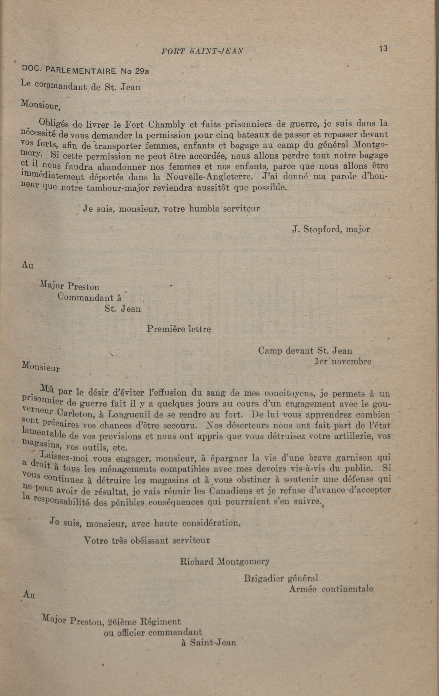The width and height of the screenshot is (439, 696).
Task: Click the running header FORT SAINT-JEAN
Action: [202, 51]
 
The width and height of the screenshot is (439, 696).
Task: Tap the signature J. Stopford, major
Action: [331, 229]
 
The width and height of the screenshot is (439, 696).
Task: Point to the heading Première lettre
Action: [179, 329]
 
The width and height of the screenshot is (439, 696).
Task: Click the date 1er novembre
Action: [343, 362]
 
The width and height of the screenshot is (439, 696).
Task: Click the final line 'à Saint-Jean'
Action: [209, 642]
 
